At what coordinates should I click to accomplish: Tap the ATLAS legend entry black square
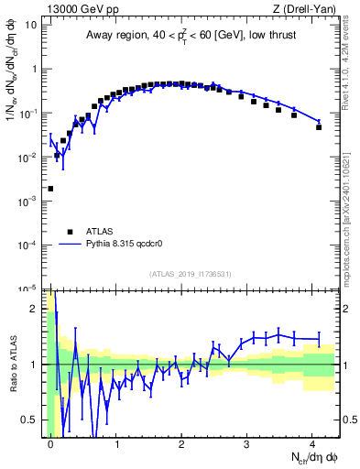(x=70, y=232)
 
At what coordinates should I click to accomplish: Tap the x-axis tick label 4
(x=312, y=442)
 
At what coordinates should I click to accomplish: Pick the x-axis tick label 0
(x=50, y=442)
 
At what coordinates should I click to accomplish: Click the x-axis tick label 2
(x=181, y=442)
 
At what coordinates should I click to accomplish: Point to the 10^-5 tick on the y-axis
(x=28, y=289)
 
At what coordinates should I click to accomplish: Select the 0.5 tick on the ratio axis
(x=31, y=420)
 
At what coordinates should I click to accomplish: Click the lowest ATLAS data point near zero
(x=50, y=189)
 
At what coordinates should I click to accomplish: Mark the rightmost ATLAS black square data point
(x=319, y=126)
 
